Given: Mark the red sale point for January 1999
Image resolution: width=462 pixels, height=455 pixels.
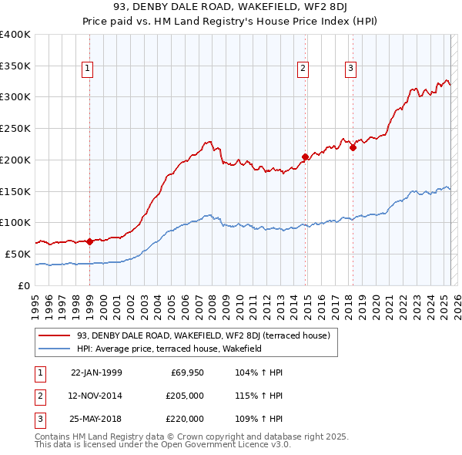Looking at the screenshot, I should (89, 241).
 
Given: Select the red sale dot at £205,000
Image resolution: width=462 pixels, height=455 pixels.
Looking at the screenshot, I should (305, 157).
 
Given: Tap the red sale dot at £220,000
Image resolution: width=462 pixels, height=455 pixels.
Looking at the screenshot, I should (353, 147).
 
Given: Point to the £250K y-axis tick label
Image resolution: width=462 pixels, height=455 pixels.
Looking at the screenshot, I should (15, 128).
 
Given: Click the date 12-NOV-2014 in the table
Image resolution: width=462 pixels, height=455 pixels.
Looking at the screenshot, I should (96, 396).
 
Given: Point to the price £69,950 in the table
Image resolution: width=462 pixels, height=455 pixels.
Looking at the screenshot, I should (188, 372).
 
